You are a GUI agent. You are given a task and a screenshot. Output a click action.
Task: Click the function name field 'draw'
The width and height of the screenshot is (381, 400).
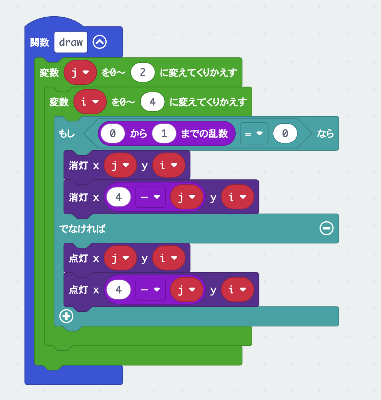[x=71, y=42]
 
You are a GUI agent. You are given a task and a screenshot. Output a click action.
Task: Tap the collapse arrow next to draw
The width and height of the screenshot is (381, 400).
[x=99, y=42]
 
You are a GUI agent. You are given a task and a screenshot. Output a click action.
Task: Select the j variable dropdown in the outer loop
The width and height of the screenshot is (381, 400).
[x=80, y=72]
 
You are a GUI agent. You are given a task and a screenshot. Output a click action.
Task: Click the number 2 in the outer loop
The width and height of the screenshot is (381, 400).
[x=143, y=72]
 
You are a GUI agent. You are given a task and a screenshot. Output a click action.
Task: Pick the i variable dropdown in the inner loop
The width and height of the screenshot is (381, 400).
[x=90, y=102]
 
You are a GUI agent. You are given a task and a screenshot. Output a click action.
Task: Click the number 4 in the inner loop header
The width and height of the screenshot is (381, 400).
[x=152, y=102]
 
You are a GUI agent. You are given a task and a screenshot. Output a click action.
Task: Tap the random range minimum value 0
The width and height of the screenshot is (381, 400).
[x=113, y=134]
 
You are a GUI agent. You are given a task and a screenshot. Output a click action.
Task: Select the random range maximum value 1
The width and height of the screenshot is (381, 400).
[x=164, y=134]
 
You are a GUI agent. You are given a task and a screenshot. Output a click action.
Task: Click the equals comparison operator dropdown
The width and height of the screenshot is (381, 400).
[x=254, y=134]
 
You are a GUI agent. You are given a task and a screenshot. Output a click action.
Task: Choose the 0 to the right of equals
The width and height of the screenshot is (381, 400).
[x=285, y=134]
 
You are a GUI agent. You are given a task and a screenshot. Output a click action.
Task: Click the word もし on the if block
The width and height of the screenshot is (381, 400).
[x=67, y=134]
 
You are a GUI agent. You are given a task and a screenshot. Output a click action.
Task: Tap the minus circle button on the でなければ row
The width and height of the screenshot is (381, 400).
[x=326, y=228]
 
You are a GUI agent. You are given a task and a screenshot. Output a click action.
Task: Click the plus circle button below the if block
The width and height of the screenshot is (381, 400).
[x=66, y=316]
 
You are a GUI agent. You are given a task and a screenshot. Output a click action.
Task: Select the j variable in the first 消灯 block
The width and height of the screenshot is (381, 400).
[x=120, y=165]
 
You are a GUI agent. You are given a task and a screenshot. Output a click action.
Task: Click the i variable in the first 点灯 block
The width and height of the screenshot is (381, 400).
[x=169, y=258]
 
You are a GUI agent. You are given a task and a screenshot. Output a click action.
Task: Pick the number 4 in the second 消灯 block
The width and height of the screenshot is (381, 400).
[x=119, y=197]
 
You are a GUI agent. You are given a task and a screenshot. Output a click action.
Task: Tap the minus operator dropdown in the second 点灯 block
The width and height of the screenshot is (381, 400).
[x=150, y=290]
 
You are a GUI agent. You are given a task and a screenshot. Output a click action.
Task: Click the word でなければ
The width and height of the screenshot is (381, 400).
[x=82, y=229]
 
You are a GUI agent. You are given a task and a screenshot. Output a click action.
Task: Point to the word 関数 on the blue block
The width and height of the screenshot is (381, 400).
[x=40, y=42]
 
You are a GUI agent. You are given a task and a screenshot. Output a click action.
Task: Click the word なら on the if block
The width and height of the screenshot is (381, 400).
[x=325, y=134]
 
